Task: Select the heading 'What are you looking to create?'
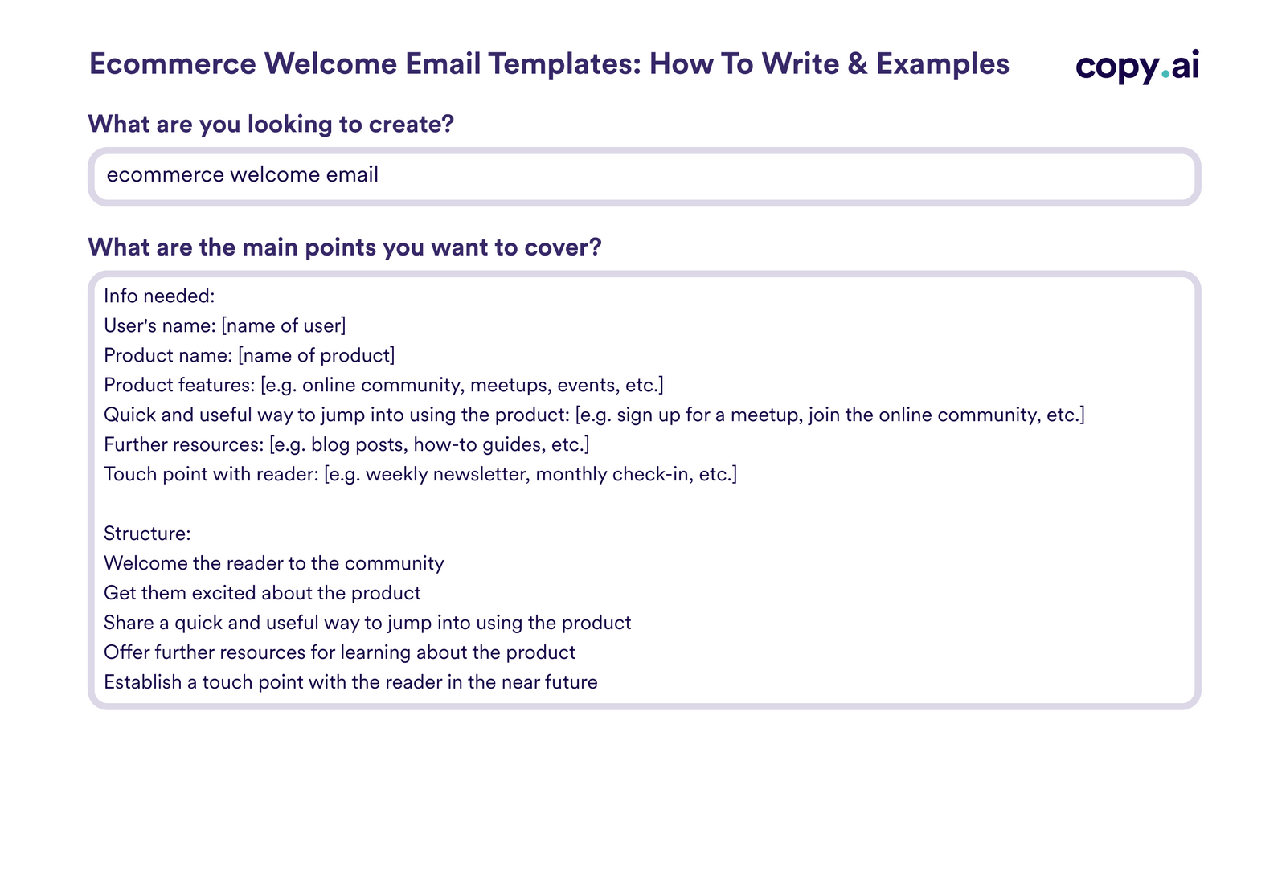pyautogui.click(x=271, y=125)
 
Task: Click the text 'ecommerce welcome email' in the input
pyautogui.click(x=242, y=175)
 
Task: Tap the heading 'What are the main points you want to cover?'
pyautogui.click(x=344, y=247)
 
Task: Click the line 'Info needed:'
pyautogui.click(x=159, y=296)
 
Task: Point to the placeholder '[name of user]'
pyautogui.click(x=284, y=326)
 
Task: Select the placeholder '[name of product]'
pyautogui.click(x=317, y=356)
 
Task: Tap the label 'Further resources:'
pyautogui.click(x=183, y=445)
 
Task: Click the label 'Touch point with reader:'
pyautogui.click(x=211, y=475)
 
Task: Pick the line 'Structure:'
pyautogui.click(x=147, y=534)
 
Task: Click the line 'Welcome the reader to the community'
pyautogui.click(x=273, y=564)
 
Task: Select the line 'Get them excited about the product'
pyautogui.click(x=262, y=594)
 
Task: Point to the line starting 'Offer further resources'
pyautogui.click(x=339, y=653)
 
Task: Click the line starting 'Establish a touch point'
pyautogui.click(x=350, y=683)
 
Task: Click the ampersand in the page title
pyautogui.click(x=858, y=64)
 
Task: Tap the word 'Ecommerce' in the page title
pyautogui.click(x=172, y=64)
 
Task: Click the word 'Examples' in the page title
pyautogui.click(x=942, y=64)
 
